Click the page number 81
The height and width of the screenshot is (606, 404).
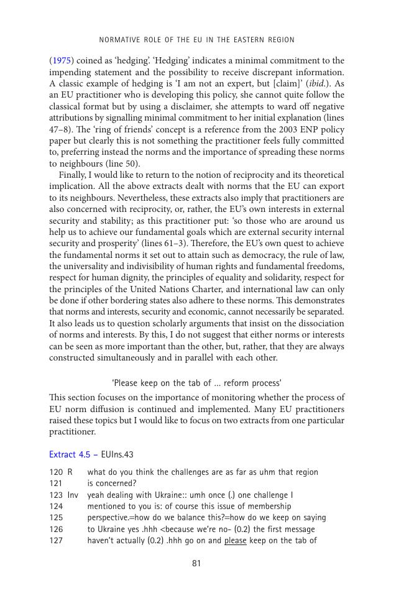pyautogui.click(x=196, y=564)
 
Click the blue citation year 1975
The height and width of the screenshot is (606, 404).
pyautogui.click(x=60, y=61)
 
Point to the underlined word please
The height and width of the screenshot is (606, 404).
pyautogui.click(x=236, y=541)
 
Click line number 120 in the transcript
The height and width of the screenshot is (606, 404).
pyautogui.click(x=56, y=472)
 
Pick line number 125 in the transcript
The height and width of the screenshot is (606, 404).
pyautogui.click(x=56, y=518)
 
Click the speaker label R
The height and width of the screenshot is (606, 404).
pyautogui.click(x=70, y=472)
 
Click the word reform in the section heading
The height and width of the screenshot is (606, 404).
pyautogui.click(x=231, y=383)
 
